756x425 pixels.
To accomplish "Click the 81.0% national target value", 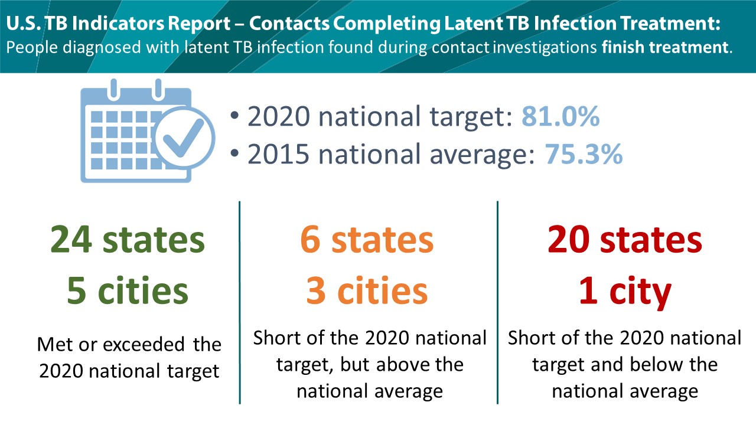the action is coord(561,117).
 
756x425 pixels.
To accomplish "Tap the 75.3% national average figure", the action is coord(584,155).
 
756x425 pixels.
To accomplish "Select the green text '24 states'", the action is coord(128,240).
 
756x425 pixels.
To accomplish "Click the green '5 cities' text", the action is coord(128,290).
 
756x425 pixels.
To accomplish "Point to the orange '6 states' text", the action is coord(367,240).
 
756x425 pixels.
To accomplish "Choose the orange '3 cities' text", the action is coord(367,290).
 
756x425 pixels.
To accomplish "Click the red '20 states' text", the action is coord(625,240).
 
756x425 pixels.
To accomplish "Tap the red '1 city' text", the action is coord(625,292).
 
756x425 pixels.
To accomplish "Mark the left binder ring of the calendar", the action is coord(114,90).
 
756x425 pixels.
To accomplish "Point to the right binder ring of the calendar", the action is coord(158,90).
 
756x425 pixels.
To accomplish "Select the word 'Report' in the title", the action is coord(199,24).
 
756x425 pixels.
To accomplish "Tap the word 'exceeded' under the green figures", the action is coord(144,345).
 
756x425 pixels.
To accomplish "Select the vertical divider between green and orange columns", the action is coord(240,303).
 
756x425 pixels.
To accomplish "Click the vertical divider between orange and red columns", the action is coord(497,303).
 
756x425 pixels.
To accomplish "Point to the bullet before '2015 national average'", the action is coord(235,153).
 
